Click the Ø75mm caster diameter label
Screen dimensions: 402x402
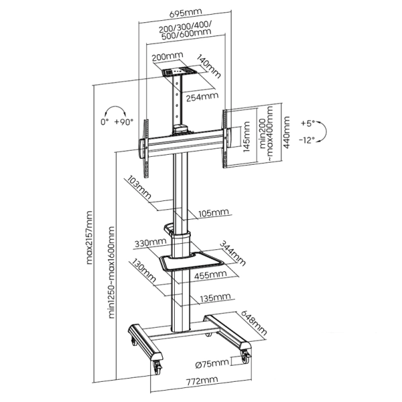(212, 363)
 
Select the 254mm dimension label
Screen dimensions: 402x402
(203, 96)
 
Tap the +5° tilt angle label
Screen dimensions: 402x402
(308, 123)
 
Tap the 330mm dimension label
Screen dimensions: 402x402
(150, 243)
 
